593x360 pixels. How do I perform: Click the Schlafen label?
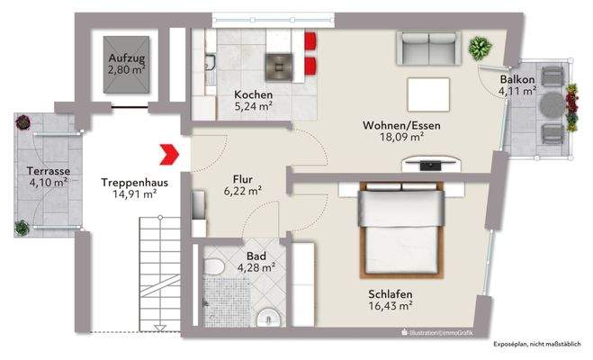click(390, 293)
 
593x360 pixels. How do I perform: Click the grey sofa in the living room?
click(427, 49)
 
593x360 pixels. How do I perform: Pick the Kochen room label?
click(253, 94)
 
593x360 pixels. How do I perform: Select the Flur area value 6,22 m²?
click(243, 191)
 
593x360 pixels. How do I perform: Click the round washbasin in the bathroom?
click(267, 318)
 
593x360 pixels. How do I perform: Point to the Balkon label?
click(518, 79)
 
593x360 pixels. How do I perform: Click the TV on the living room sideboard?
click(430, 164)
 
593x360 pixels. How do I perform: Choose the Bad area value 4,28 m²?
click(256, 266)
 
